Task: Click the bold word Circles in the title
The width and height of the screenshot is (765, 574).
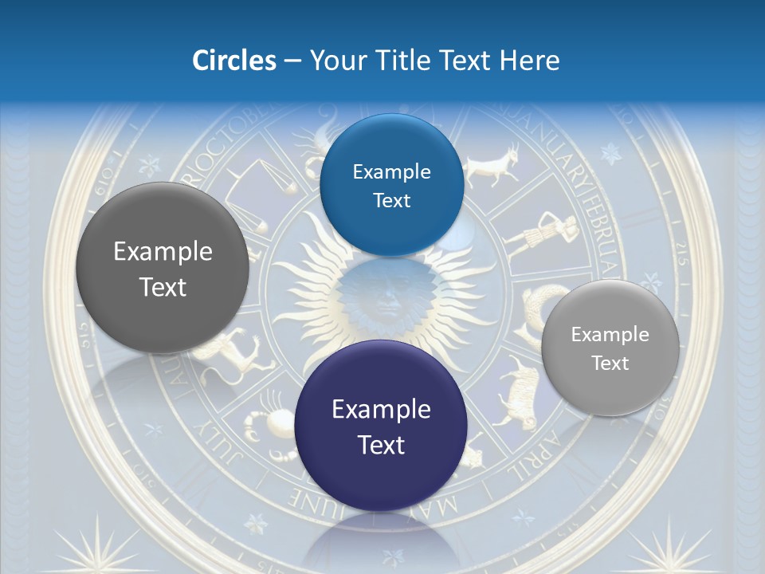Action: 234,61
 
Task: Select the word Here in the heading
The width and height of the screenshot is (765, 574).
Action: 530,61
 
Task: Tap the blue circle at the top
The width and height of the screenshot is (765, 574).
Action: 391,185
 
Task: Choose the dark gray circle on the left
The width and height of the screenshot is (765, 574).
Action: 163,269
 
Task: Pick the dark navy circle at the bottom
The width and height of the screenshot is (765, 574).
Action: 381,426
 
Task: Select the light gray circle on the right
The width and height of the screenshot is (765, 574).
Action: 610,348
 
